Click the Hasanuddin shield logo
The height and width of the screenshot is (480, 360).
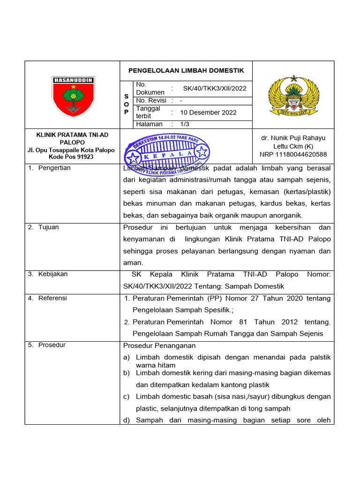(x=73, y=97)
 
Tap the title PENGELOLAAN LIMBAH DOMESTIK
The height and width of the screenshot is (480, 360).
(x=186, y=70)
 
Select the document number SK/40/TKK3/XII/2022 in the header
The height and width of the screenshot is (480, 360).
(x=214, y=88)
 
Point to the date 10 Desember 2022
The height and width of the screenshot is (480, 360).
(x=208, y=112)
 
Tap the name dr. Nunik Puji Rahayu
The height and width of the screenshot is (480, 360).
(x=293, y=138)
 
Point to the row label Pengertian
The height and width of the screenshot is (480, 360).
(x=54, y=168)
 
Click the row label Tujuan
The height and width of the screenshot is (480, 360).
(x=49, y=227)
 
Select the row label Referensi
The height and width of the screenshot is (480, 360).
(x=52, y=298)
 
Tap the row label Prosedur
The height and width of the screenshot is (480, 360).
(x=52, y=345)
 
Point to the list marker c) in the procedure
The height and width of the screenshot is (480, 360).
(x=126, y=397)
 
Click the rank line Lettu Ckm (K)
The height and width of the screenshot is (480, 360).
(x=293, y=146)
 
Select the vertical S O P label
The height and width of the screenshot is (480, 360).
(x=126, y=104)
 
